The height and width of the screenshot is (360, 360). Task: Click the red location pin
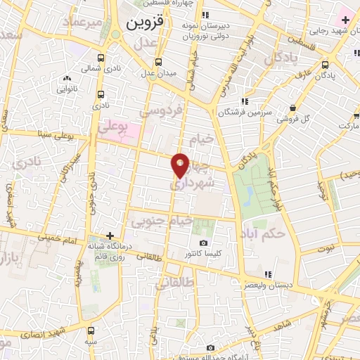[181, 165]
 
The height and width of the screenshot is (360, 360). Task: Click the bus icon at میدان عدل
[158, 62]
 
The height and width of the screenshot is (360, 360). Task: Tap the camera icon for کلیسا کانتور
[204, 243]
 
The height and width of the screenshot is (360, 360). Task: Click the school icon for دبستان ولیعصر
[267, 274]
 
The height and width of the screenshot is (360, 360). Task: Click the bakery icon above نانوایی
[67, 79]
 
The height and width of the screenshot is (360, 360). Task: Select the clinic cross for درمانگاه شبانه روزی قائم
[109, 236]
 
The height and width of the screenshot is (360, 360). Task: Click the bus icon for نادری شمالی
[101, 58]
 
